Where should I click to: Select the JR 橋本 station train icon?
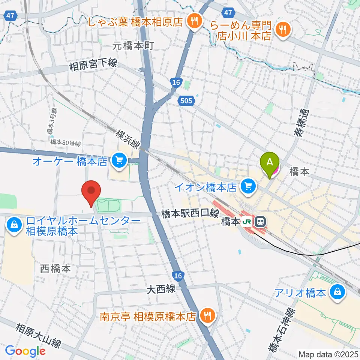pos(259,222)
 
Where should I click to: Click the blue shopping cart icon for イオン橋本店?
pos(247,185)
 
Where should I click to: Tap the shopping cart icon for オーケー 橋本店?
pos(120,161)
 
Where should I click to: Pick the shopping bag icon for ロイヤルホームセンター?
pos(14,225)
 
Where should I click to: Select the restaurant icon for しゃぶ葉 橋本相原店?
pos(193,21)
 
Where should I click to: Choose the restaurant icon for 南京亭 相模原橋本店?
pos(206,316)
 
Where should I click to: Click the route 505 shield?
pos(185,100)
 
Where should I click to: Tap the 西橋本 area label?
pos(55,268)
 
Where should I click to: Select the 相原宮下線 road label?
pos(93,65)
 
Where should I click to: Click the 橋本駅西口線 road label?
pos(190,213)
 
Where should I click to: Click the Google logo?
pos(25,351)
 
